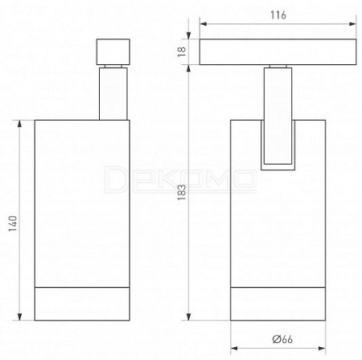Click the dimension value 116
click(278, 15)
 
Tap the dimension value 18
click(182, 51)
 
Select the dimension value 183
click(182, 192)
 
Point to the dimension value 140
click(13, 223)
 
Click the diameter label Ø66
click(282, 339)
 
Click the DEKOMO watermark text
click(180, 179)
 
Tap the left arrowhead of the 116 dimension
click(204, 24)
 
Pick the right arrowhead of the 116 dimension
click(352, 24)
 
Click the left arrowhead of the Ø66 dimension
click(234, 348)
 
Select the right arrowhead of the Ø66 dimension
click(322, 348)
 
